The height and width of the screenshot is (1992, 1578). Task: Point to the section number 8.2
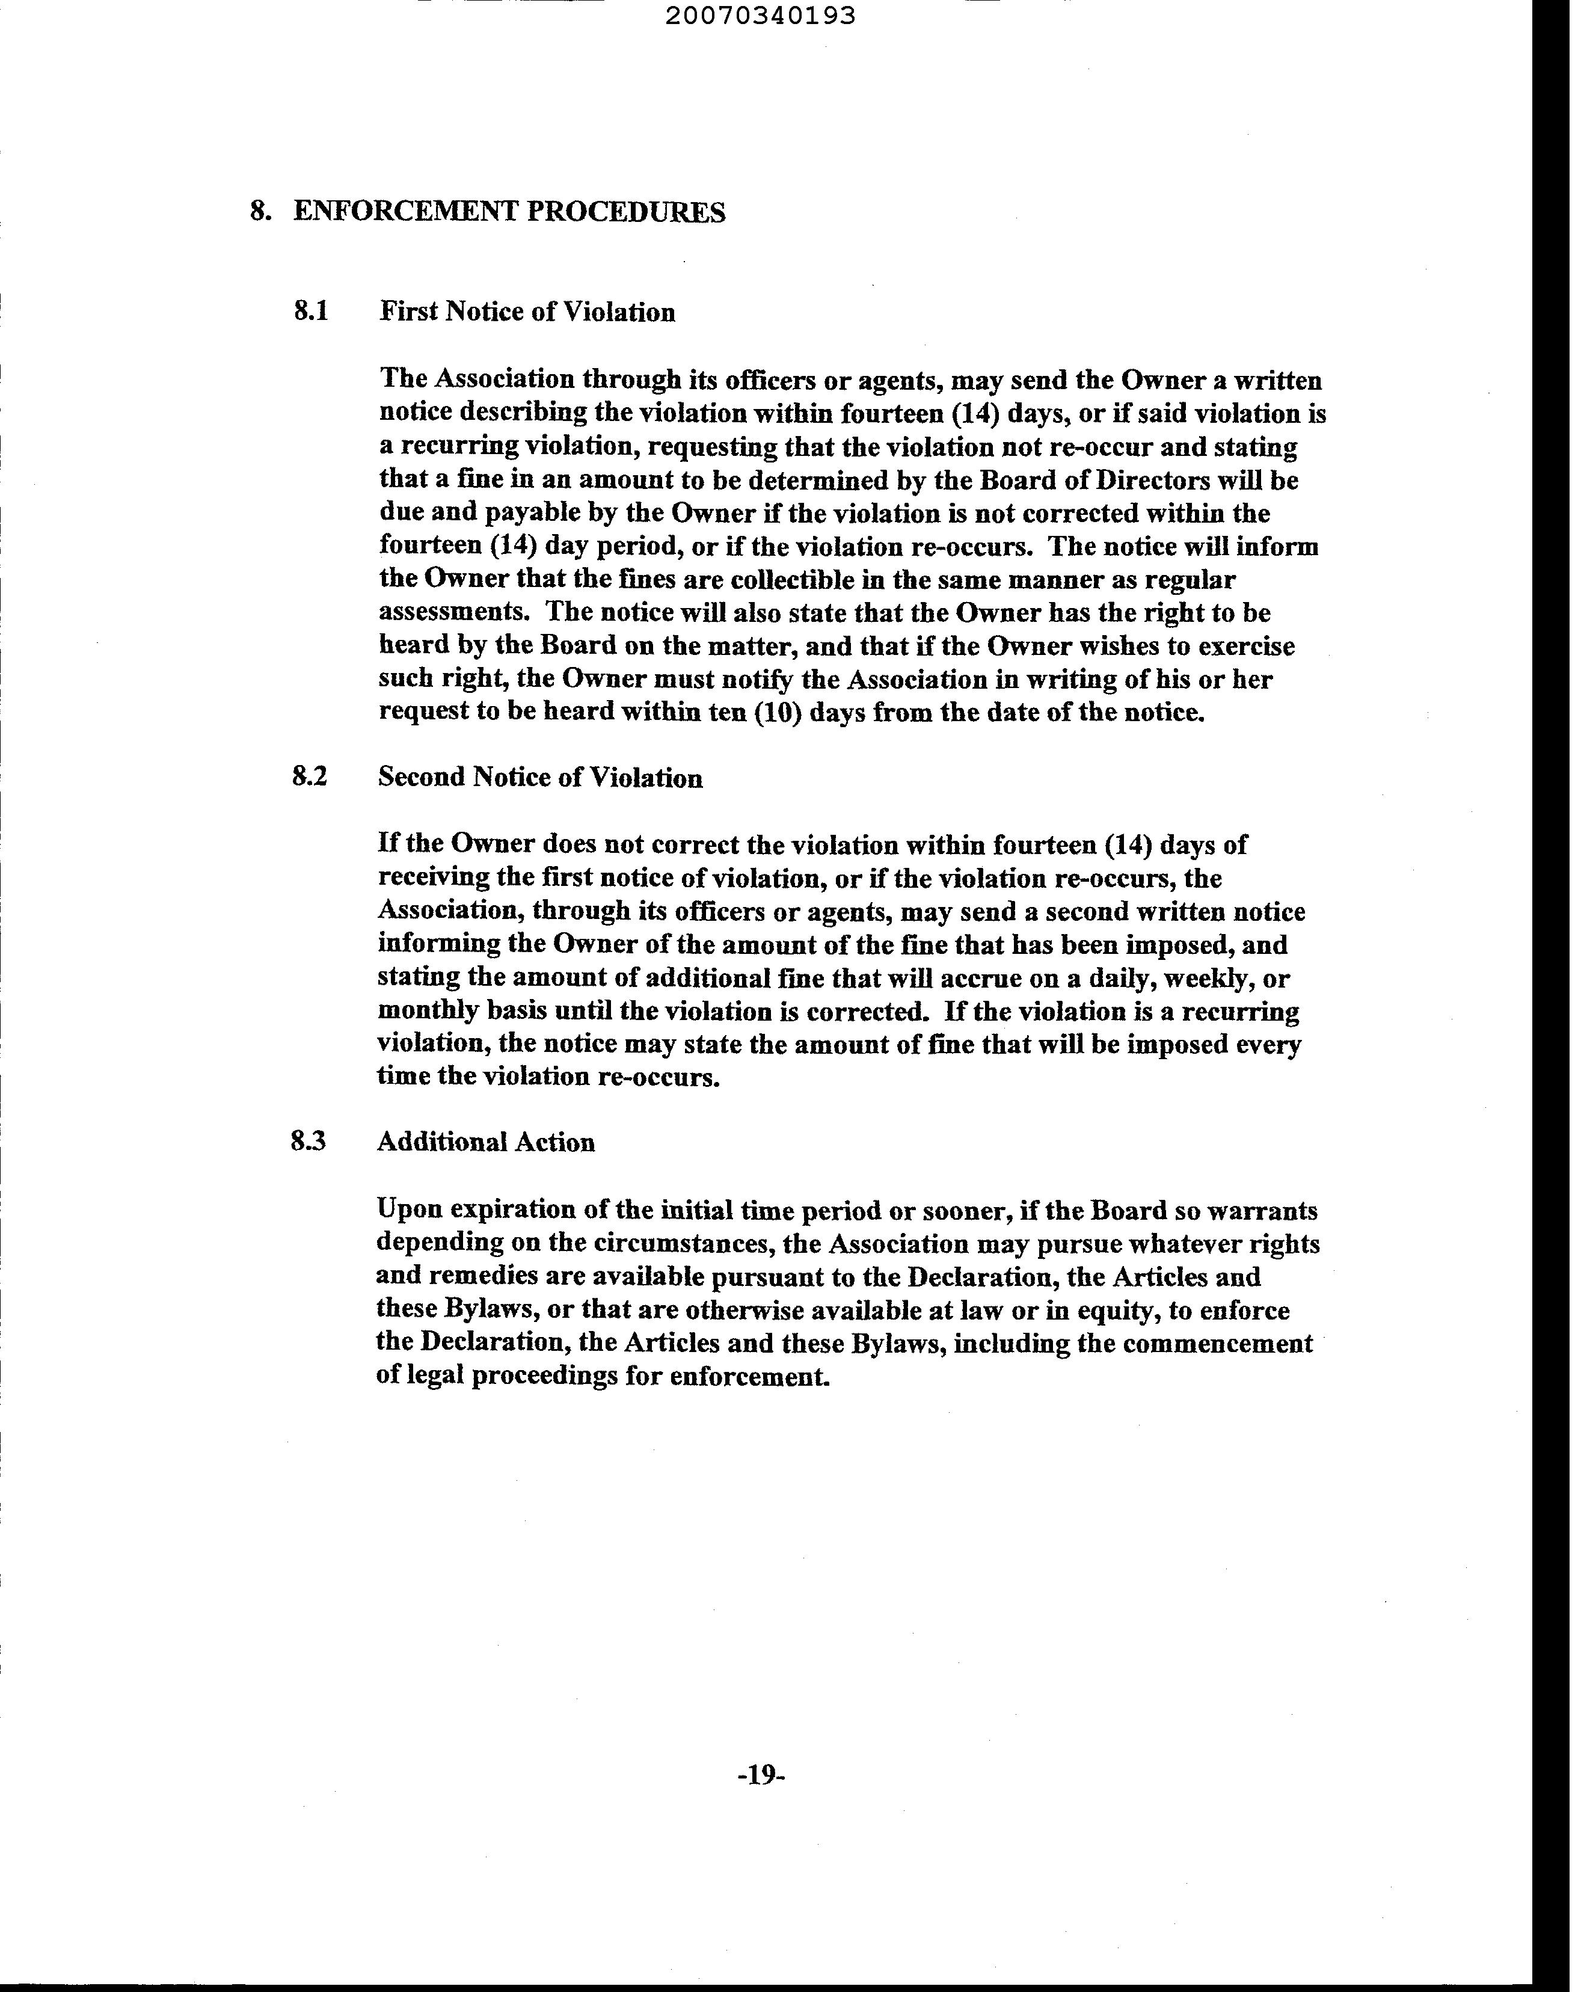point(310,777)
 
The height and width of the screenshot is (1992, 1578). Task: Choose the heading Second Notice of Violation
point(541,778)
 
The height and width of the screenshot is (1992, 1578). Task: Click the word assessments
point(456,613)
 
